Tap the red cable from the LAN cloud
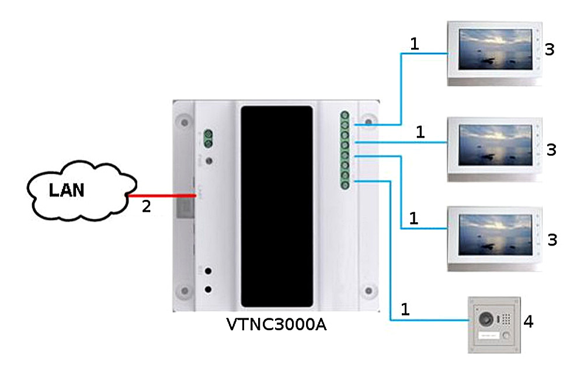pyautogui.click(x=161, y=196)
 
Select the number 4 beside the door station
pyautogui.click(x=528, y=321)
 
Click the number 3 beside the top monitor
pyautogui.click(x=549, y=50)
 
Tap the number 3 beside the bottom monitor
pyautogui.click(x=552, y=240)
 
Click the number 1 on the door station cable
pyautogui.click(x=405, y=309)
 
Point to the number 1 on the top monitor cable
pyautogui.click(x=414, y=44)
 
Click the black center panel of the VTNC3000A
pyautogui.click(x=277, y=206)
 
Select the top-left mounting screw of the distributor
pyautogui.click(x=185, y=123)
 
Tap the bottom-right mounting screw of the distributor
pyautogui.click(x=367, y=290)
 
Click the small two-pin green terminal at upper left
pyautogui.click(x=207, y=139)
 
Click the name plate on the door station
pyautogui.click(x=488, y=335)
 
